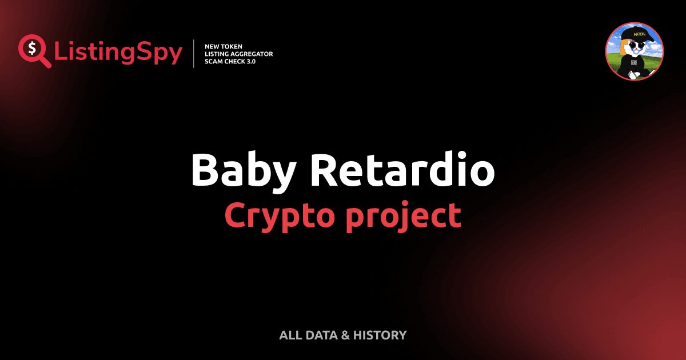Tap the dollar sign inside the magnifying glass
tap(31, 48)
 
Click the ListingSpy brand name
tap(118, 53)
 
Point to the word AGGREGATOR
tap(252, 54)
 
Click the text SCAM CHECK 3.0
tap(230, 61)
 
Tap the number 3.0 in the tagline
tap(250, 61)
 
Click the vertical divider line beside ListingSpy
tap(194, 54)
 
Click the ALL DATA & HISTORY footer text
tap(342, 335)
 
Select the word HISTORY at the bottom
tap(380, 335)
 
